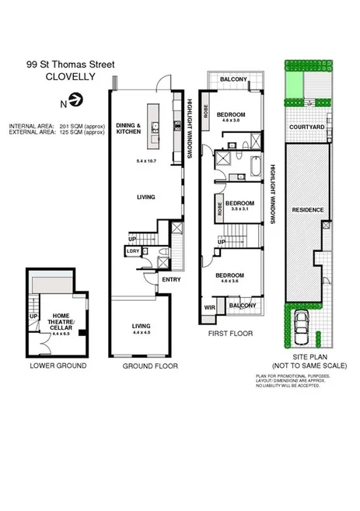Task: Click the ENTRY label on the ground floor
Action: pos(170,280)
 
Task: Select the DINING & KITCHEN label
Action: pos(128,129)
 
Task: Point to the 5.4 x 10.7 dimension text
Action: pos(146,160)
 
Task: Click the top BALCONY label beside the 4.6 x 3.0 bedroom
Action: pos(232,79)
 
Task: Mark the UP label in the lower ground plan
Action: pos(33,317)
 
